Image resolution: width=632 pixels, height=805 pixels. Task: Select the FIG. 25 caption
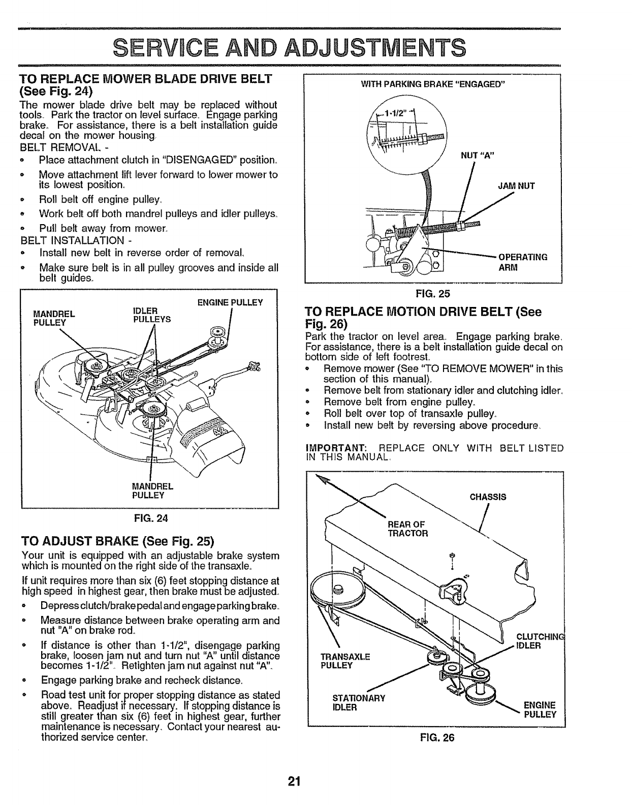pos(433,293)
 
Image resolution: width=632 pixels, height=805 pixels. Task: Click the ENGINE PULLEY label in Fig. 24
pos(230,303)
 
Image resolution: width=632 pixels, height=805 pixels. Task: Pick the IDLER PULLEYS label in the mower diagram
pos(151,315)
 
